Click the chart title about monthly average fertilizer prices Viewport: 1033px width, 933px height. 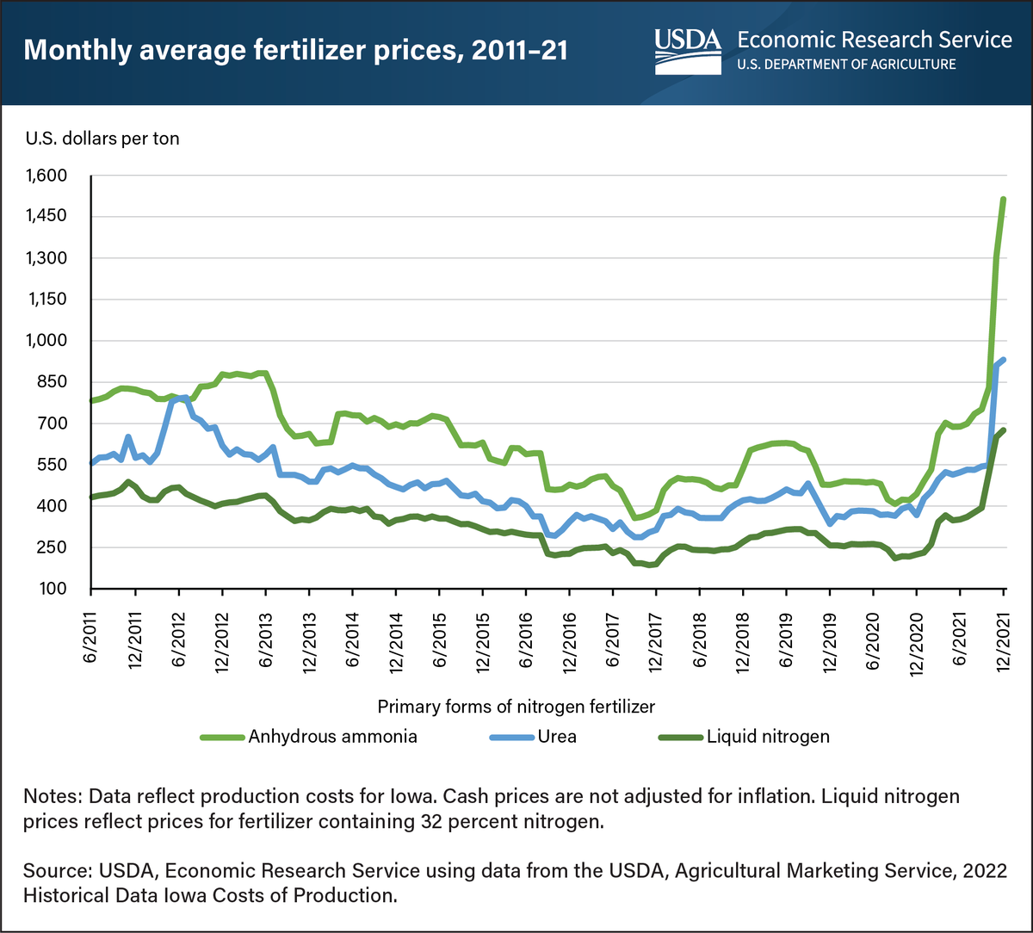pyautogui.click(x=297, y=49)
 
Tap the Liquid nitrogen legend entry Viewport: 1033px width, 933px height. pyautogui.click(x=767, y=736)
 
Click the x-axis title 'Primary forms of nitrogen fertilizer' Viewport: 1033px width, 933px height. pyautogui.click(x=516, y=707)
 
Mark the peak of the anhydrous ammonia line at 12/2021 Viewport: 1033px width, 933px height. pyautogui.click(x=1004, y=200)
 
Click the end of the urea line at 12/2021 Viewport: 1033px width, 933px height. pyautogui.click(x=1004, y=360)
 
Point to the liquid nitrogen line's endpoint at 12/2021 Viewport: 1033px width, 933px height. pyautogui.click(x=1004, y=429)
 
